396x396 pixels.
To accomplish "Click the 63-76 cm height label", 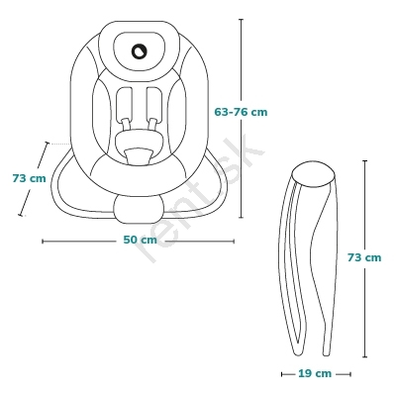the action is (x=241, y=112).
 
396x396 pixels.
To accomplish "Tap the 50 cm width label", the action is (x=140, y=240).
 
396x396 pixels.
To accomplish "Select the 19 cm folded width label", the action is (x=315, y=373).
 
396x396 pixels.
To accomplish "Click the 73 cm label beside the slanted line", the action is (x=29, y=178).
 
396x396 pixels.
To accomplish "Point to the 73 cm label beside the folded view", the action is (x=364, y=257).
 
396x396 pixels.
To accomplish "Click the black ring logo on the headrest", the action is (x=139, y=51).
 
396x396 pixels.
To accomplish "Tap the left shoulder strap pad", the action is (x=124, y=104).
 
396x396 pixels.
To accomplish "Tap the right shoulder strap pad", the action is (x=154, y=104).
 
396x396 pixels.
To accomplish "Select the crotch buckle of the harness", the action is (x=139, y=156).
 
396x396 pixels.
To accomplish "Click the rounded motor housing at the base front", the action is (x=139, y=209).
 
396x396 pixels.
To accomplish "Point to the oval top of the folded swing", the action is (x=314, y=174).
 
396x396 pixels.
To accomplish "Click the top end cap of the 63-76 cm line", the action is (x=241, y=20).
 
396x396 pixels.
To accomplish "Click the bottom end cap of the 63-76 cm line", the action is (x=241, y=218).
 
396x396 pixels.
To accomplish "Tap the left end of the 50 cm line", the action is (x=43, y=242).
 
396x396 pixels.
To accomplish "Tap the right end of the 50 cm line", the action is (x=234, y=242).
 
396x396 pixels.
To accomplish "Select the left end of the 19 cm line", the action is (x=282, y=374).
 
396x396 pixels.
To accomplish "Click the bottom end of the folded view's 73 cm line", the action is (x=364, y=356).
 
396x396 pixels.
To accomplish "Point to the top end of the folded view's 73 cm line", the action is (x=364, y=161).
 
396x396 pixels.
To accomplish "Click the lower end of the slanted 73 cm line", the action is (x=21, y=215).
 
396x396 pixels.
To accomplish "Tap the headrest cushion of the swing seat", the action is (x=139, y=51).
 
